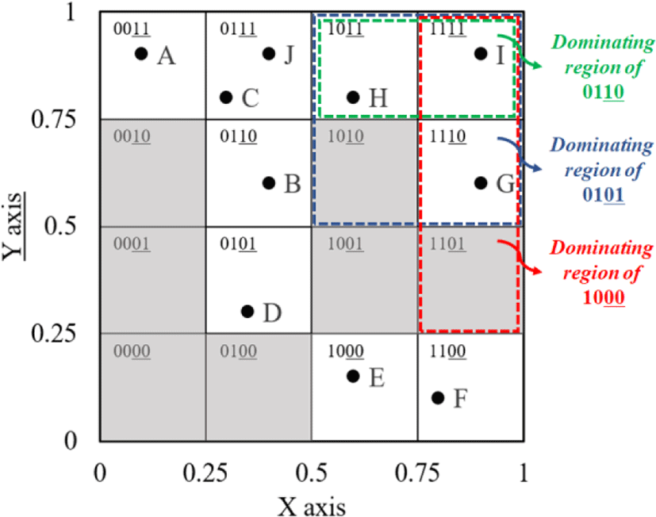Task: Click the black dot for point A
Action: (141, 54)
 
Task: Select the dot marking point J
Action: (269, 54)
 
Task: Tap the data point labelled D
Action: (247, 311)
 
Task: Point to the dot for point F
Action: (438, 398)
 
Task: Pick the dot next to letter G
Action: (481, 183)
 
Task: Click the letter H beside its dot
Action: (378, 98)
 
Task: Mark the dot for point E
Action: (353, 376)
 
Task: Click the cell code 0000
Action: (132, 351)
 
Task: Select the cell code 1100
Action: (447, 351)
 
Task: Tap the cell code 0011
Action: (132, 29)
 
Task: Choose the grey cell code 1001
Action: (345, 244)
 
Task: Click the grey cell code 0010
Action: (132, 136)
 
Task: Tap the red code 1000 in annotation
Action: (604, 298)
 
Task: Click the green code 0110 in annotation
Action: (604, 92)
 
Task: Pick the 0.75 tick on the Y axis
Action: (54, 119)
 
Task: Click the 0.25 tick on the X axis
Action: (205, 473)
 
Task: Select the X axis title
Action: (312, 507)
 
